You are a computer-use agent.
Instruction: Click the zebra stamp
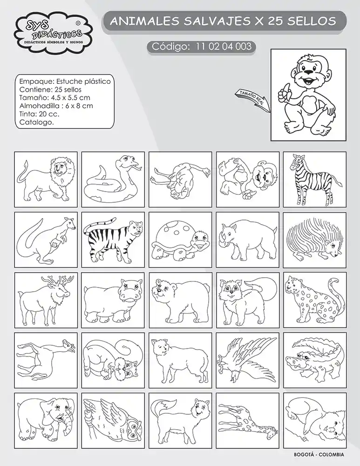click(314, 179)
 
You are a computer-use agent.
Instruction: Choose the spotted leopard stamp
click(314, 300)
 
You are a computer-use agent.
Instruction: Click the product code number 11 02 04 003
click(224, 46)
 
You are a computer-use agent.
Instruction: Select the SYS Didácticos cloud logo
click(53, 32)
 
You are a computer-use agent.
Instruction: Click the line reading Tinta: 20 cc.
click(39, 114)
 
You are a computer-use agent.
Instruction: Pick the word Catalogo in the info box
click(36, 122)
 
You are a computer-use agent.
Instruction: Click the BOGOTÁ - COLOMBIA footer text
click(319, 454)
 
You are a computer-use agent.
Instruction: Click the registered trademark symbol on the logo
click(78, 22)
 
